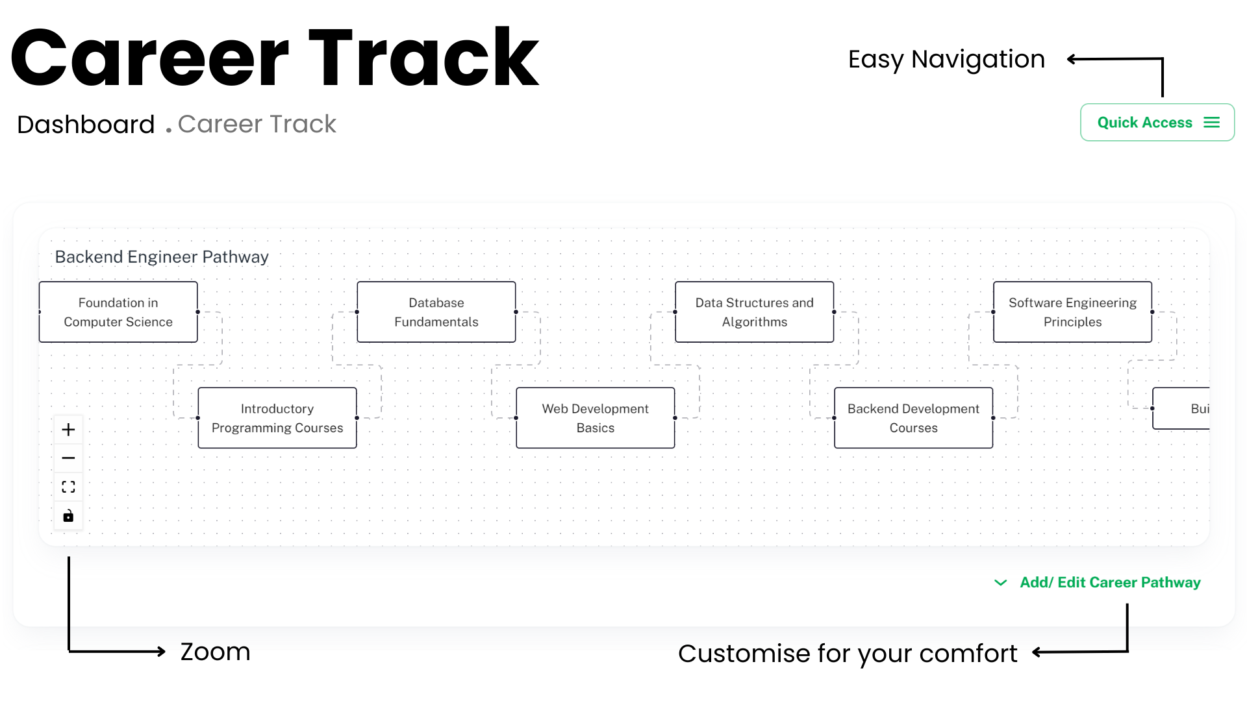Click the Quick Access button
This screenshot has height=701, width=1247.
pos(1157,122)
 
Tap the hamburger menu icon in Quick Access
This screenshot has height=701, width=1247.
pos(1211,123)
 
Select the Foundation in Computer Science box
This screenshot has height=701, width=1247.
pos(118,312)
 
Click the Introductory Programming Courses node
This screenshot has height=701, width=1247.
pos(277,418)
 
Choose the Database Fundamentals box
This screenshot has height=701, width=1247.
pos(436,312)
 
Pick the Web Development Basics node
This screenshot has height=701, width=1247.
pos(596,418)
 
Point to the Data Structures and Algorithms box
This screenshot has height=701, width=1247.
pos(755,312)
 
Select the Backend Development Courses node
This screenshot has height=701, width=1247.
pos(914,418)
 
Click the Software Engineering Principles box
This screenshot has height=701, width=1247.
pos(1073,312)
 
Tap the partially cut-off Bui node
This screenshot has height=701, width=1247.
pos(1181,409)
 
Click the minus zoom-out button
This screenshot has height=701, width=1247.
pos(68,458)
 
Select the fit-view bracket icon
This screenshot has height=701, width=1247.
pos(68,487)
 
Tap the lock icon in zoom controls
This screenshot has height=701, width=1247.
pos(68,516)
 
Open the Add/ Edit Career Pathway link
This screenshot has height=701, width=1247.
pos(1110,583)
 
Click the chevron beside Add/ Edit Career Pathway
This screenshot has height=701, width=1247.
pos(1001,583)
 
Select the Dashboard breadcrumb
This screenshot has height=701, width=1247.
pos(86,124)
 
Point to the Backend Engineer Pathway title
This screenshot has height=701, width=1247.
pos(162,257)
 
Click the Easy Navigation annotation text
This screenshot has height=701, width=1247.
pos(946,60)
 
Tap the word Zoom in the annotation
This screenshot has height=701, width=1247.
pos(216,652)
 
